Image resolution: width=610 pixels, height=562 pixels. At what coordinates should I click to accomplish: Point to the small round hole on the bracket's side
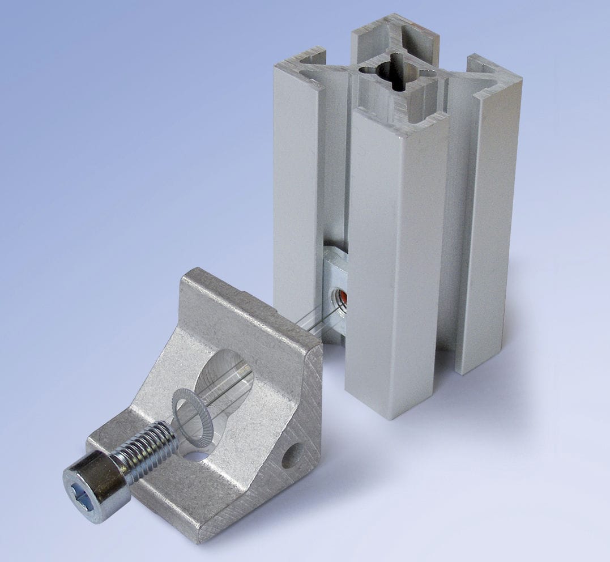(x=291, y=455)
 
